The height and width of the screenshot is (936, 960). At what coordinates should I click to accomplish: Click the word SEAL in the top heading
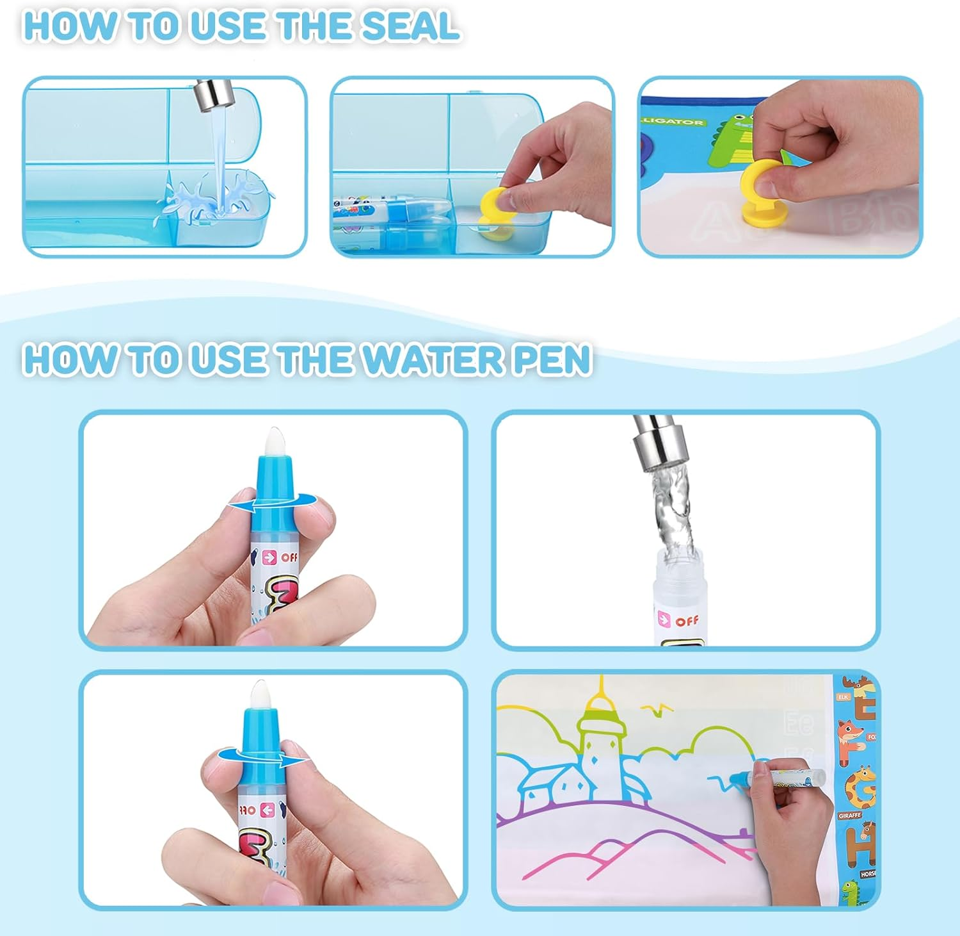410,26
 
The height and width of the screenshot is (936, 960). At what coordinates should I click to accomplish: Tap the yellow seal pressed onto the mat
762,192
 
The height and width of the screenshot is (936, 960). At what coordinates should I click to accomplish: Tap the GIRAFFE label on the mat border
849,816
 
